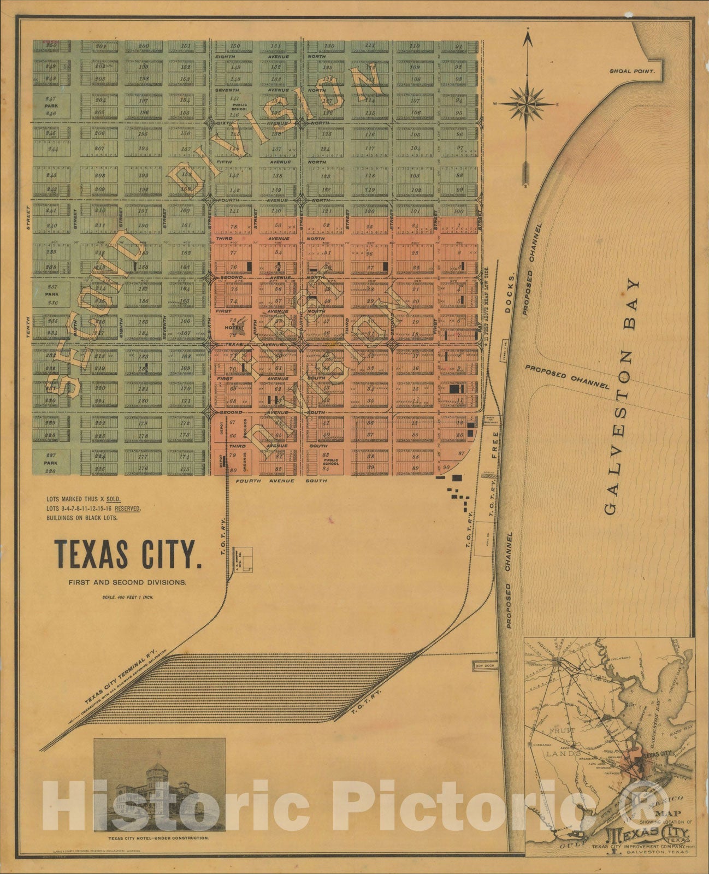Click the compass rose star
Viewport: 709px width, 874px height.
pyautogui.click(x=527, y=103)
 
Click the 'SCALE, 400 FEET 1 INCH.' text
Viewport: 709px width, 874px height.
pyautogui.click(x=127, y=597)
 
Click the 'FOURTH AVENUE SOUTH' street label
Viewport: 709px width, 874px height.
pyautogui.click(x=281, y=481)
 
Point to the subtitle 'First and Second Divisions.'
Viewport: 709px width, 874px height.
pyautogui.click(x=127, y=582)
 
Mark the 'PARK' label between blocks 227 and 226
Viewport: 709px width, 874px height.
pyautogui.click(x=51, y=463)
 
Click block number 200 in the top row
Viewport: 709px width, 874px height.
pyautogui.click(x=144, y=46)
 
